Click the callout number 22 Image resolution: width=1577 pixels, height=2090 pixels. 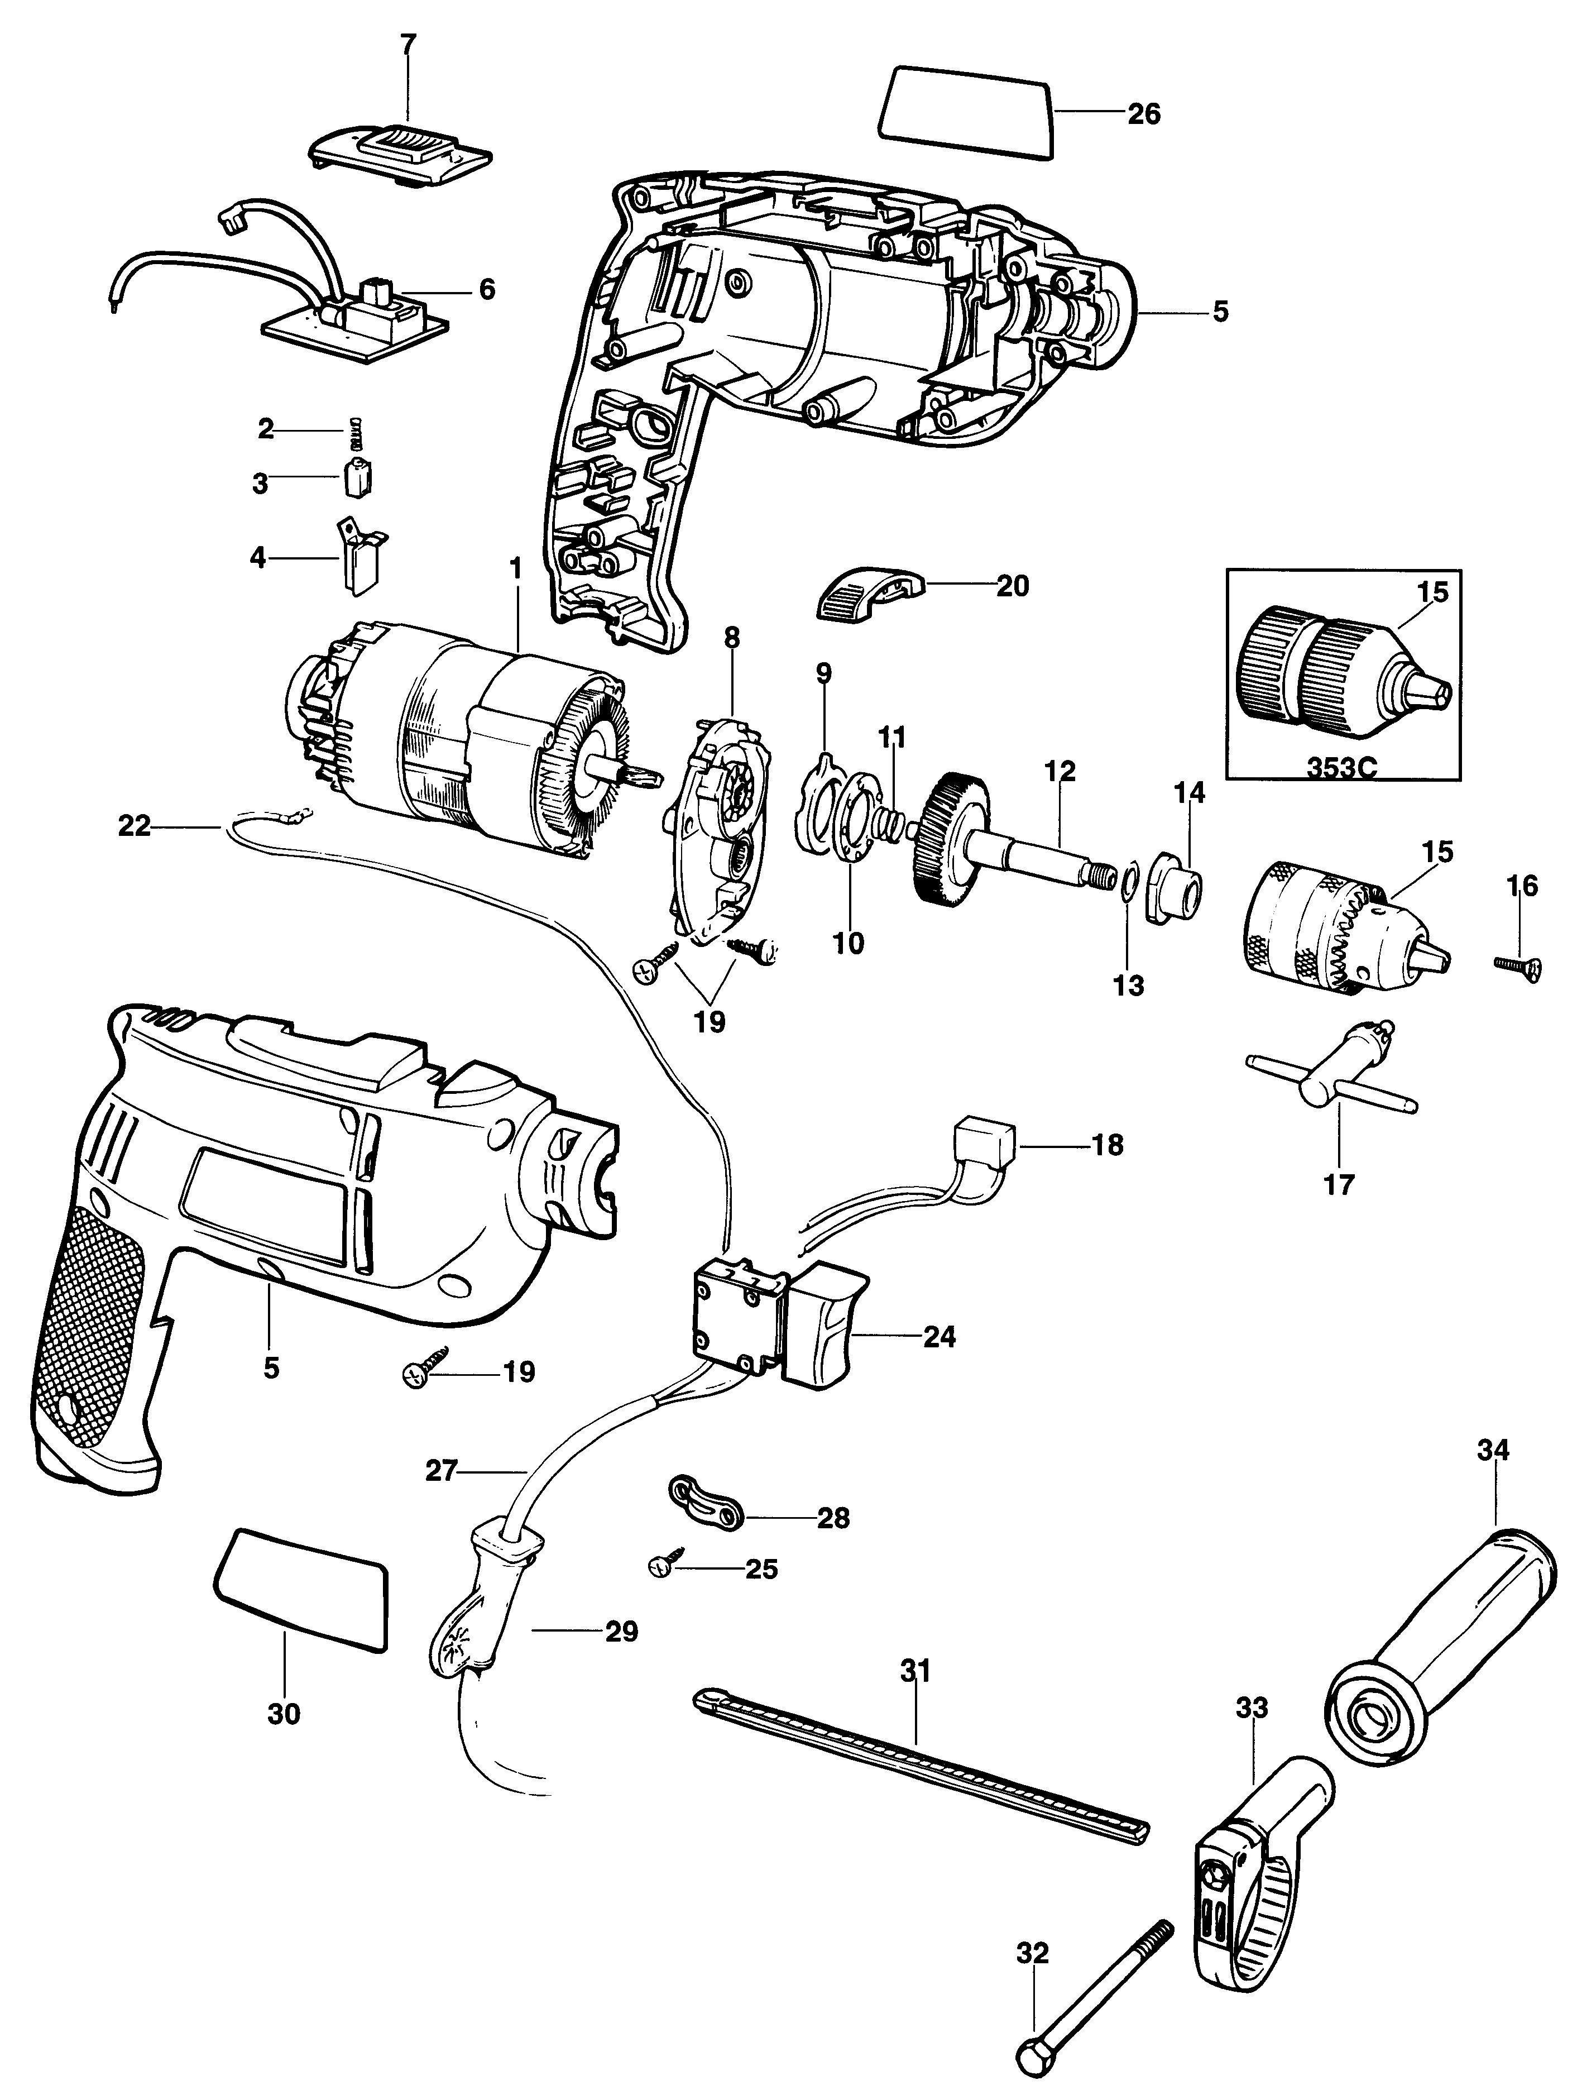(x=134, y=827)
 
